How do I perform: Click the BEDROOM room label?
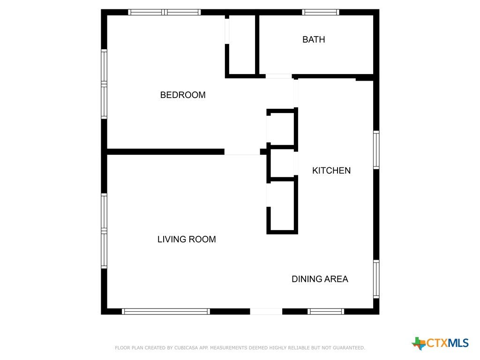point(183,95)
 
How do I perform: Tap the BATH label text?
point(314,39)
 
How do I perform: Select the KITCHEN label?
point(331,171)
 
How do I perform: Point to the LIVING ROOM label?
point(187,239)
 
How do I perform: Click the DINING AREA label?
point(320,279)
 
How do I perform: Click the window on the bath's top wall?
point(321,12)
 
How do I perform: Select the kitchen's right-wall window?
point(376,150)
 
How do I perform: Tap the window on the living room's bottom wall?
point(166,311)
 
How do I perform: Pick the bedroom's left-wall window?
point(104,84)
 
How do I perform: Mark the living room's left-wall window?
point(104,231)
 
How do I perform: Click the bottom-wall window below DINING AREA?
point(326,311)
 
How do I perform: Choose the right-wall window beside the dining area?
point(376,279)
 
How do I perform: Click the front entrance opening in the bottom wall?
point(266,311)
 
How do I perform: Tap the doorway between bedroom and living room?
point(242,151)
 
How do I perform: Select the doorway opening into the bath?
point(278,76)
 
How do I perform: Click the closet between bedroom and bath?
point(242,45)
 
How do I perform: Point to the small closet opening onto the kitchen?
point(282,164)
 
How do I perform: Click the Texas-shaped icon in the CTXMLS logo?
point(419,343)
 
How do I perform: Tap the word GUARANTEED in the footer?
point(349,348)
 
